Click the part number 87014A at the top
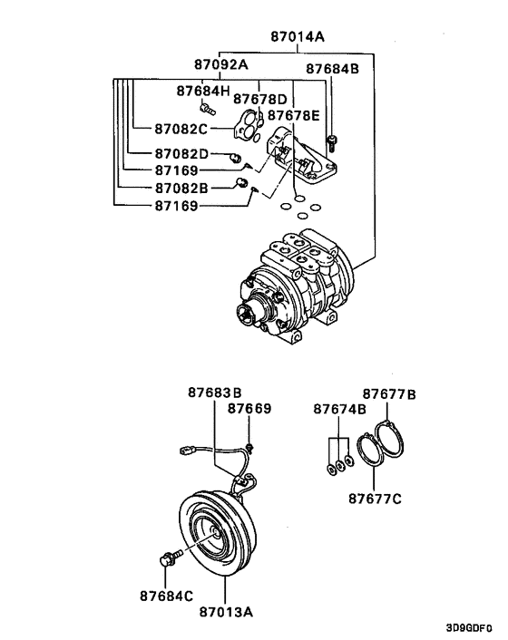(298, 37)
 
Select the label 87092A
(220, 65)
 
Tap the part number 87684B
(332, 69)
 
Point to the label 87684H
(203, 91)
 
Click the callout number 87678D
(259, 99)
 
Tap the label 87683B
(215, 393)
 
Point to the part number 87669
(249, 409)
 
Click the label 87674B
(340, 410)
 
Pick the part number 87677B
(389, 394)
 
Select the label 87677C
(377, 497)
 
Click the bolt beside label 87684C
(167, 558)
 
